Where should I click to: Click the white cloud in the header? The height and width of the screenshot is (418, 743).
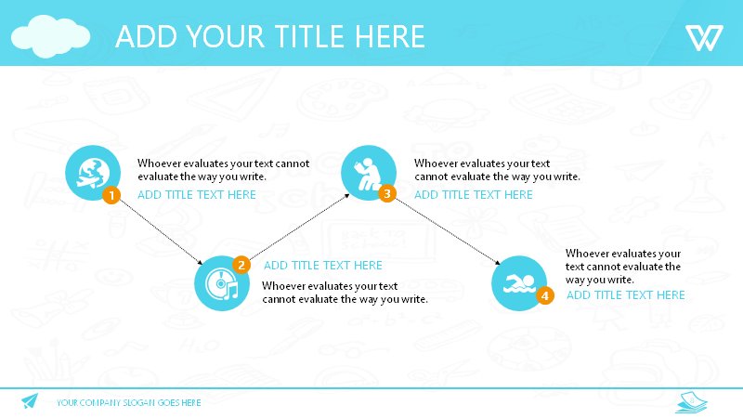click(x=50, y=36)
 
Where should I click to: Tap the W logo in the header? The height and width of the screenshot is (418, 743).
click(x=704, y=38)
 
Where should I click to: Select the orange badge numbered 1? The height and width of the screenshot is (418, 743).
click(x=111, y=195)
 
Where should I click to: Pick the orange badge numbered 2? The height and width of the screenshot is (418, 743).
click(x=241, y=265)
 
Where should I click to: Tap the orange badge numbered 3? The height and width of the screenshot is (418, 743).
click(x=387, y=193)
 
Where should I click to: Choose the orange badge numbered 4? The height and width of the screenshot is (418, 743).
click(x=545, y=295)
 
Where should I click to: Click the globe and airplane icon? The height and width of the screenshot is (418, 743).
click(x=93, y=173)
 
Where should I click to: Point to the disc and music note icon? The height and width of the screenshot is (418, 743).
click(x=222, y=283)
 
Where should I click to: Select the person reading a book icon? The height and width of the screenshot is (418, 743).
click(x=369, y=173)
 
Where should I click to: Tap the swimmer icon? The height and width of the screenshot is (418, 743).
click(x=519, y=283)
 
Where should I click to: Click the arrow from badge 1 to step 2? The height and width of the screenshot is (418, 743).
click(x=161, y=231)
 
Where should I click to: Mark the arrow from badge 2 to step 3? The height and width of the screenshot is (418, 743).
click(x=299, y=227)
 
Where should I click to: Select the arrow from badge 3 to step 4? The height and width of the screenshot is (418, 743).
click(x=448, y=231)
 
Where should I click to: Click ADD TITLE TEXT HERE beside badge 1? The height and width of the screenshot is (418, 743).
click(x=197, y=194)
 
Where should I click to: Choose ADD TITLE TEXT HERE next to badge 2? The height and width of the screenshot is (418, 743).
click(x=323, y=265)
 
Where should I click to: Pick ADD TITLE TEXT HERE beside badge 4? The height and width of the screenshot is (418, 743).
click(x=625, y=294)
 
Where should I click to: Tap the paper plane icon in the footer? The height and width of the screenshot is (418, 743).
click(x=30, y=401)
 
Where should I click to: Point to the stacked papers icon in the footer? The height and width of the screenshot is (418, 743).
click(x=691, y=402)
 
